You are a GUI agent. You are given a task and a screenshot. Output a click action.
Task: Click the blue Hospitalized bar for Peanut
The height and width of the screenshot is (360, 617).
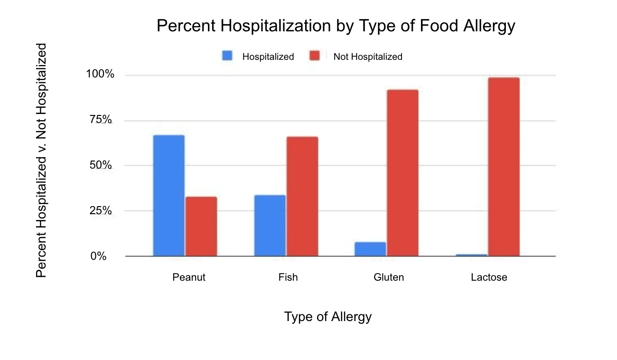(x=168, y=196)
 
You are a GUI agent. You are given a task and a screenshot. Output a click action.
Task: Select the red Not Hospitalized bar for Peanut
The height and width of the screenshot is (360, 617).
(x=201, y=226)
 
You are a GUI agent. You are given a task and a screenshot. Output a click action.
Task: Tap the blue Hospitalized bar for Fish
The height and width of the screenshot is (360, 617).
(x=270, y=226)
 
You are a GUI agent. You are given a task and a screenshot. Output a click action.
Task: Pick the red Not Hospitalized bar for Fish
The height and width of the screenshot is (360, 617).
(x=302, y=196)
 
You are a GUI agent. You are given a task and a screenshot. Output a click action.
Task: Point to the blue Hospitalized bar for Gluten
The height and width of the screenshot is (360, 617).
(x=370, y=249)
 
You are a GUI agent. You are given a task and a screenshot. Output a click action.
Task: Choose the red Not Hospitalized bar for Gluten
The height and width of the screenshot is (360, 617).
(x=402, y=173)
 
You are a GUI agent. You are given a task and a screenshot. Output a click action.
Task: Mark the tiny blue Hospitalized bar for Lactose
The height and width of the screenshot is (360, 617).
(x=471, y=255)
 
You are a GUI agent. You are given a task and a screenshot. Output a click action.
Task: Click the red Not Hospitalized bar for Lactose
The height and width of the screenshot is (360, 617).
(x=504, y=167)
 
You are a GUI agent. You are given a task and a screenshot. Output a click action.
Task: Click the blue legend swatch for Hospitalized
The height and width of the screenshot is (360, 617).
(x=227, y=56)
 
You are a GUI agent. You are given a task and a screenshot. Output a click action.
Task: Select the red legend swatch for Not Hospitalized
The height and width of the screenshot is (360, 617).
(x=315, y=56)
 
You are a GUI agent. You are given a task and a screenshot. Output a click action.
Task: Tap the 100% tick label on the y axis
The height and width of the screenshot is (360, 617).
(x=100, y=75)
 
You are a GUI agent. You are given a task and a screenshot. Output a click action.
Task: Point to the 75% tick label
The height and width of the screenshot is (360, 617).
(x=102, y=120)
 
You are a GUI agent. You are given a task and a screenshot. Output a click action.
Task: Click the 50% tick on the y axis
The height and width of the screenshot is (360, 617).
(x=102, y=165)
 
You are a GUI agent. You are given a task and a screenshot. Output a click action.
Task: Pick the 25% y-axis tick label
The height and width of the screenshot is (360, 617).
(x=102, y=210)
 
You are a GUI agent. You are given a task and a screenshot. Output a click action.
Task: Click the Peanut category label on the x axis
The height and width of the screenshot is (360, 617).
(x=189, y=277)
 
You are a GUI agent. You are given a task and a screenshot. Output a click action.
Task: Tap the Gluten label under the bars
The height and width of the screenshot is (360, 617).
(x=389, y=277)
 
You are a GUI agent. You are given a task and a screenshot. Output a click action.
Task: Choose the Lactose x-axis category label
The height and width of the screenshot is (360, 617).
(x=489, y=277)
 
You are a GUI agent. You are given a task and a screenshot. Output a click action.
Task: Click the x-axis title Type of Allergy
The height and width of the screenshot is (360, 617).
(x=327, y=317)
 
